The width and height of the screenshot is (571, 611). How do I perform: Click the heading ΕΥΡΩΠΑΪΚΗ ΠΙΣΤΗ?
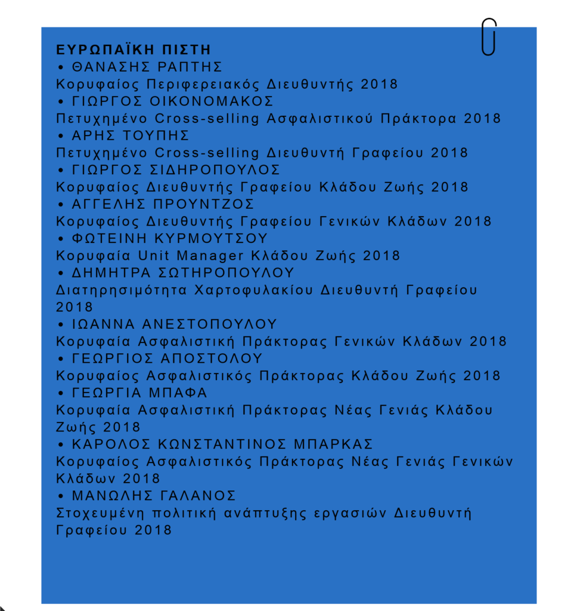pos(134,50)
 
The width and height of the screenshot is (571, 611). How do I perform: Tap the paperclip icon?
pos(489,37)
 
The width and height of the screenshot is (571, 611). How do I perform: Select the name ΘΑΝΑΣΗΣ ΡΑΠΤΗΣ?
pos(147,66)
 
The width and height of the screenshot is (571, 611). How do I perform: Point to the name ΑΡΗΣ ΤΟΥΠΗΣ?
pos(131,135)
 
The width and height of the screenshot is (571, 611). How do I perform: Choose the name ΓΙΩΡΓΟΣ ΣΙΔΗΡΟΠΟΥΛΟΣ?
pos(176,169)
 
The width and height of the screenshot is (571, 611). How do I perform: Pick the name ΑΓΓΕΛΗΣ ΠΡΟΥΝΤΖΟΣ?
pos(163,204)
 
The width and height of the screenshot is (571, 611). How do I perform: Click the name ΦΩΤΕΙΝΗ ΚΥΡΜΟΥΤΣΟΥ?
pos(169,239)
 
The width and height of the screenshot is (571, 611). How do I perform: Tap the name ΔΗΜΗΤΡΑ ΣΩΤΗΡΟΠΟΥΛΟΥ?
pos(183,273)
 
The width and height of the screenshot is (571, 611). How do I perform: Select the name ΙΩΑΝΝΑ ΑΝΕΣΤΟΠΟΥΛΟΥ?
pos(175,325)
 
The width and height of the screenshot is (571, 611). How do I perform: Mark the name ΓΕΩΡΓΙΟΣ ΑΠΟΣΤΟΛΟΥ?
pos(167,359)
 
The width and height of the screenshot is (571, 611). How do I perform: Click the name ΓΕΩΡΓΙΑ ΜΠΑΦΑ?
pos(139,393)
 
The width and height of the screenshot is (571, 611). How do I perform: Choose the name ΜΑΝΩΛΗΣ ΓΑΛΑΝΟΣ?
pos(154,496)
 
